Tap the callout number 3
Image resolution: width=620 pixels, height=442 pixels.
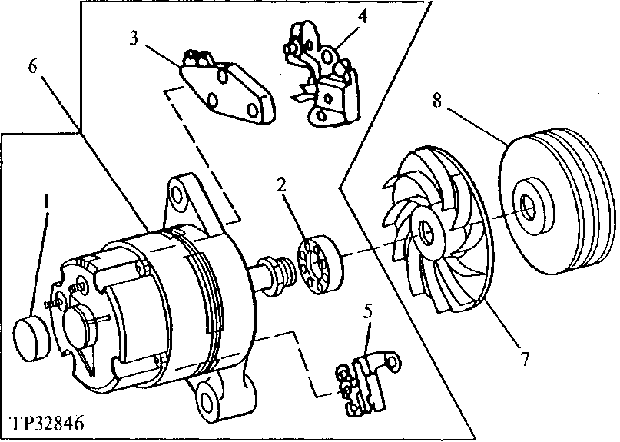(x=134, y=39)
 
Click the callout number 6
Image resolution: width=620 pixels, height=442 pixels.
(x=32, y=67)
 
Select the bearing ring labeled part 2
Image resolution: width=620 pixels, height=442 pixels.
(x=317, y=265)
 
